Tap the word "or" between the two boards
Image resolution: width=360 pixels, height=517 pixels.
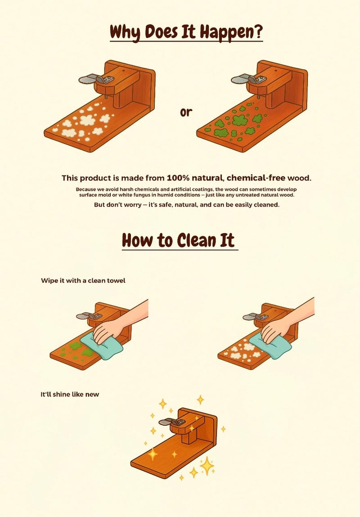(185, 112)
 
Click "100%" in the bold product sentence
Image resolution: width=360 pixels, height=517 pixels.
(178, 178)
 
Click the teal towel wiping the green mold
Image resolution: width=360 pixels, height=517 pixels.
(102, 346)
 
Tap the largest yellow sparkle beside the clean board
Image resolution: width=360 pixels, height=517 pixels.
(207, 466)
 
